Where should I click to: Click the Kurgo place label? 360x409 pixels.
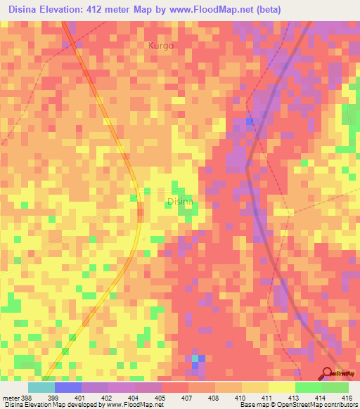[x=160, y=46]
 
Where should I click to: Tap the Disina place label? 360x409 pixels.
[x=179, y=202]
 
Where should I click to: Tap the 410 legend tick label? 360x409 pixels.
[x=241, y=397]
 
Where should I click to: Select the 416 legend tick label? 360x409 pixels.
[x=348, y=397]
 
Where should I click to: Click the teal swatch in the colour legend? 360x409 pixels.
[x=41, y=387]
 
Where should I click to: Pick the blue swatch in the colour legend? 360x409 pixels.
[x=68, y=387]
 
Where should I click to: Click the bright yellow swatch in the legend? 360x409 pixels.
[x=281, y=387]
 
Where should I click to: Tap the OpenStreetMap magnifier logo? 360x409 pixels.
[x=328, y=373]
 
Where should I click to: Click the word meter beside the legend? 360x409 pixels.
[x=11, y=397]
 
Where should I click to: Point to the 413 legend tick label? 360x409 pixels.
[x=295, y=397]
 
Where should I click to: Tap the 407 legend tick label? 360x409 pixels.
[x=188, y=397]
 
